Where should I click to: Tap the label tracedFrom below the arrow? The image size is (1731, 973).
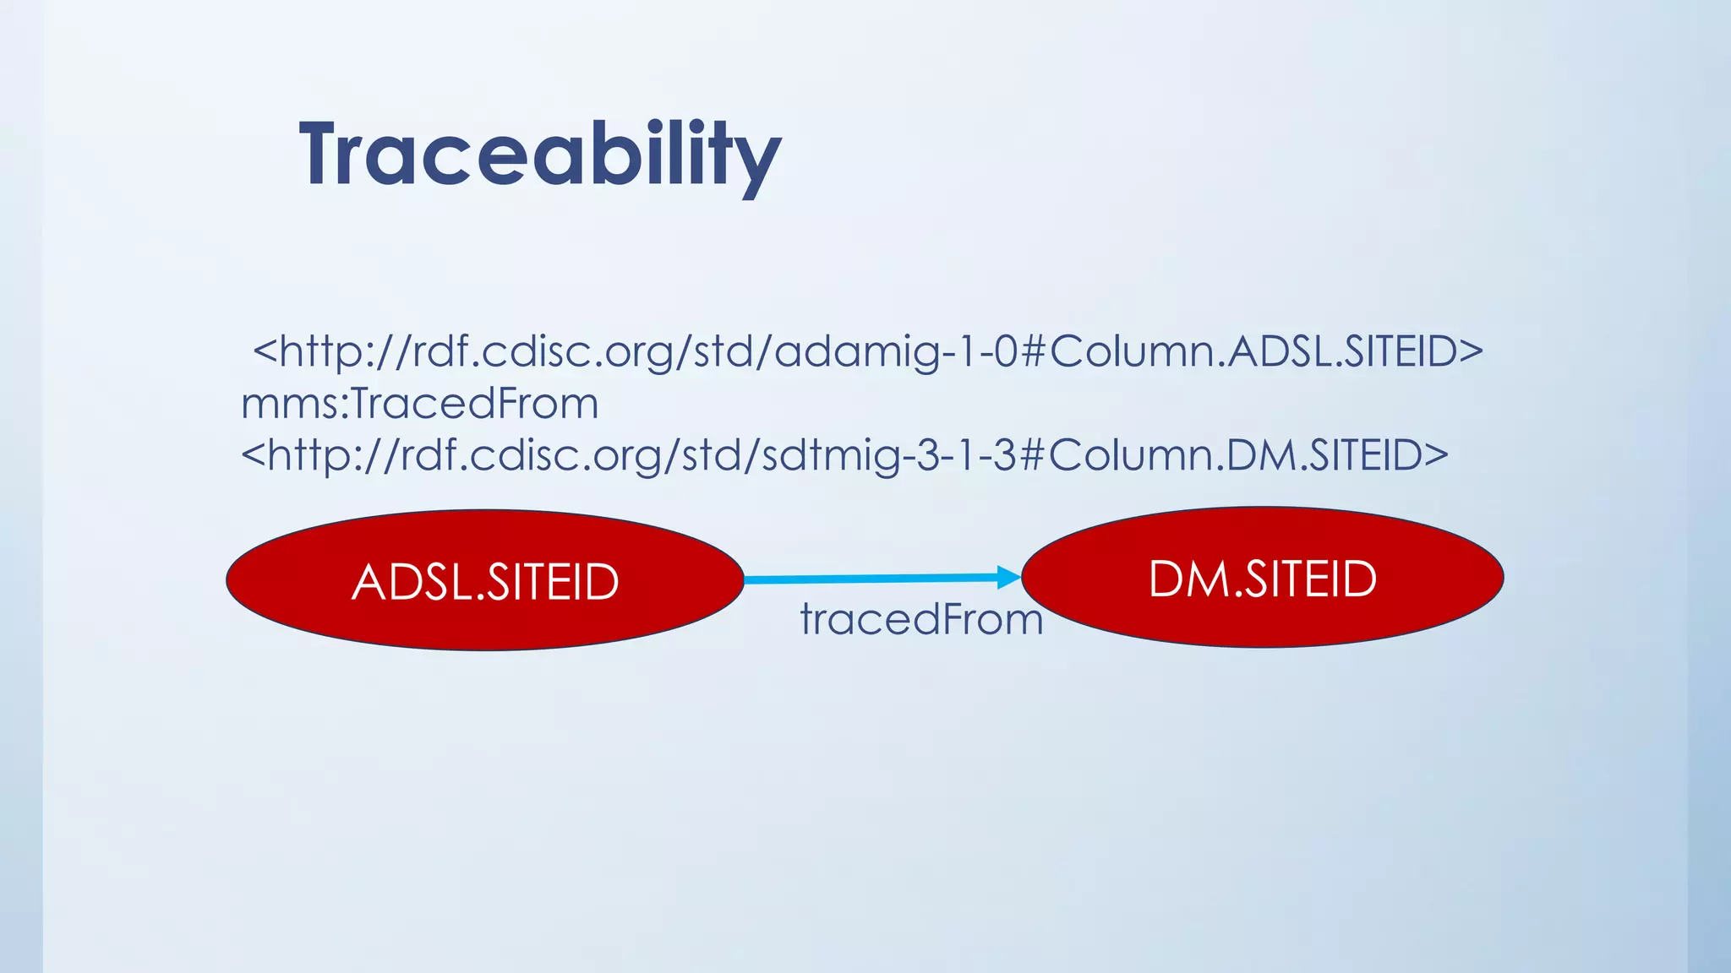[x=921, y=619]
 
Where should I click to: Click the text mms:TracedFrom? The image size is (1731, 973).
[x=420, y=403]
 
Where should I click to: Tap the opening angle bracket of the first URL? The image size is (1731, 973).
[x=265, y=351]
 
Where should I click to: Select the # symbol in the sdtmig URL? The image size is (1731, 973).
[x=1032, y=455]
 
